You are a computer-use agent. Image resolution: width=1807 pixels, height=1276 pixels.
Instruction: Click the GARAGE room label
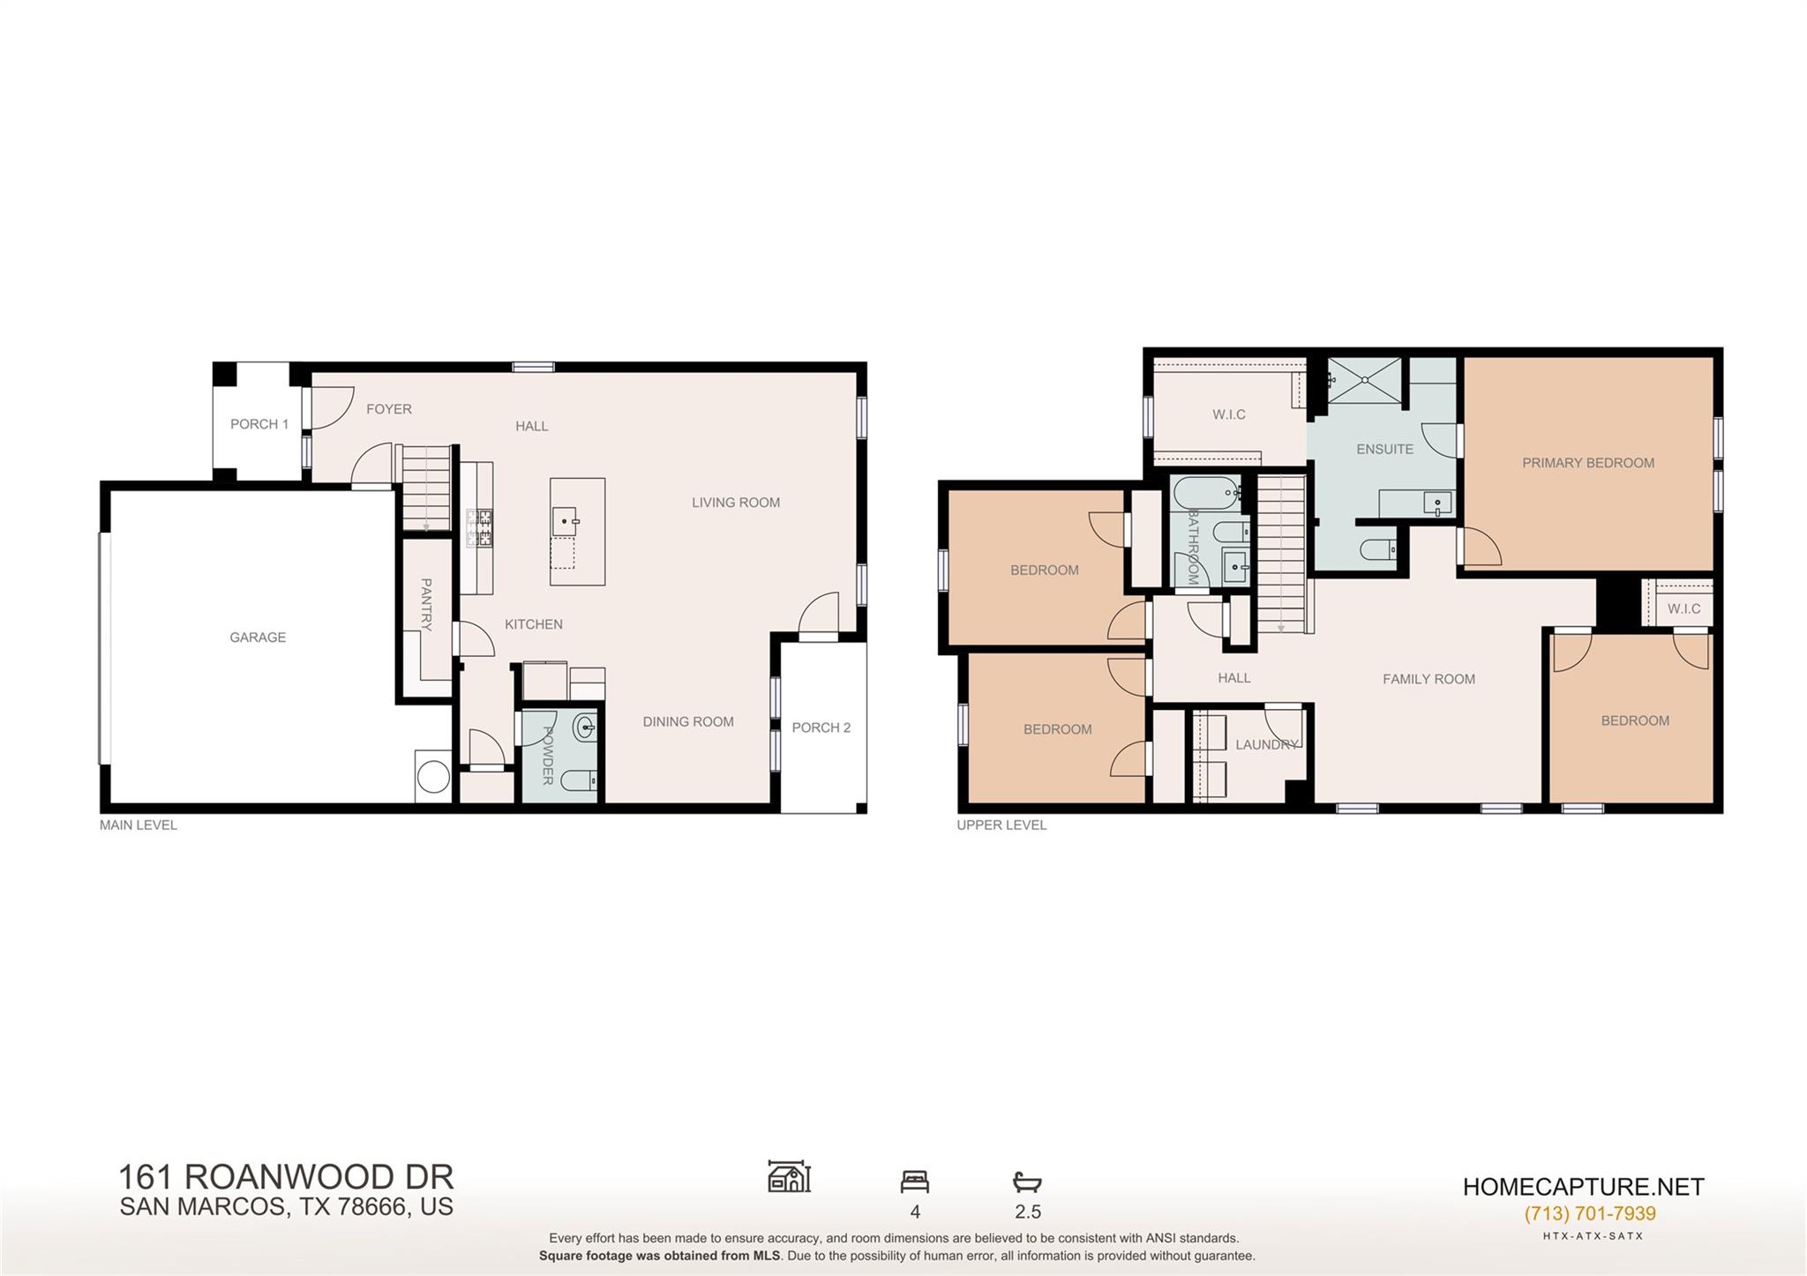[x=258, y=638]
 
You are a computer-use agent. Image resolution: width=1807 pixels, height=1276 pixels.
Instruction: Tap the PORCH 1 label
[x=259, y=424]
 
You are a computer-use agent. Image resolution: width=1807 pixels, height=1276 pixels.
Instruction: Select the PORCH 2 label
[x=821, y=728]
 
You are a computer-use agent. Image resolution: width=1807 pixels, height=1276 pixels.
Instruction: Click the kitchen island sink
[x=565, y=522]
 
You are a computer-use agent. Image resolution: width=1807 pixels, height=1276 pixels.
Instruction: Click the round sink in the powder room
[x=585, y=728]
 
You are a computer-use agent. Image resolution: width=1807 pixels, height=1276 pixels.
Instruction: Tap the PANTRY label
[x=426, y=605]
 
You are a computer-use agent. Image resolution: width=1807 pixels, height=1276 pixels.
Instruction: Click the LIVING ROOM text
[x=735, y=503]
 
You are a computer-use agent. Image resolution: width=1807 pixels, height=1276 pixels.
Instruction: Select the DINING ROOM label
[x=688, y=721]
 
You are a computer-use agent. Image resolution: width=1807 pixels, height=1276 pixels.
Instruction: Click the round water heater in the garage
[x=433, y=777]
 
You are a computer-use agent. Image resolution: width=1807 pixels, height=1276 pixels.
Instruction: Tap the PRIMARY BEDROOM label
[x=1588, y=463]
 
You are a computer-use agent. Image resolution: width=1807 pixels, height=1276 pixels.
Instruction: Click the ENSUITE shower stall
[x=1364, y=380]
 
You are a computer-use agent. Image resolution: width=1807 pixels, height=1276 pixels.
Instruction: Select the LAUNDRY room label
[x=1266, y=744]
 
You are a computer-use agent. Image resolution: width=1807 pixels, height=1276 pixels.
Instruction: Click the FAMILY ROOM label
[x=1428, y=679]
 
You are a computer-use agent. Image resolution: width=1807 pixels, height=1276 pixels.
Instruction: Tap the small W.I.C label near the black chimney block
[x=1683, y=609]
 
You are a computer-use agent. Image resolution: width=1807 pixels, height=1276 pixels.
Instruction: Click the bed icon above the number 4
[x=915, y=1181]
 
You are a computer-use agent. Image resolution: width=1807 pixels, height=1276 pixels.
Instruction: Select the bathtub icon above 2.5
[x=1027, y=1182]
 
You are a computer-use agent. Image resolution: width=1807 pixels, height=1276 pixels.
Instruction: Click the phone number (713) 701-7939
[x=1590, y=1213]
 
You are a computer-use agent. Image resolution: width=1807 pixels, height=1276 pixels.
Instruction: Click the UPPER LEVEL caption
[x=1001, y=825]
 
